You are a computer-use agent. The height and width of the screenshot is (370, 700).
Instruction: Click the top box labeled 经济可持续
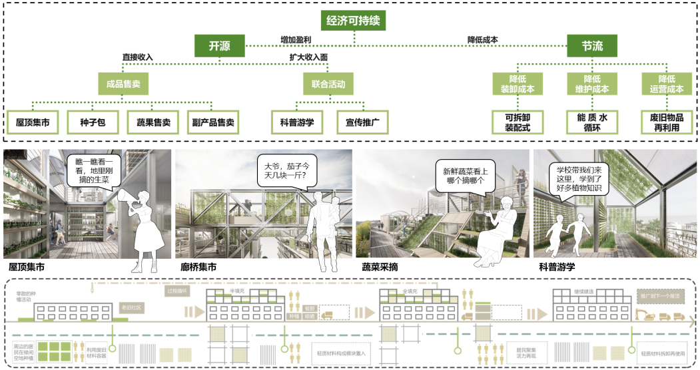pos(353,21)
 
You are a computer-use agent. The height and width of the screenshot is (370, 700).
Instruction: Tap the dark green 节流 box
pos(592,46)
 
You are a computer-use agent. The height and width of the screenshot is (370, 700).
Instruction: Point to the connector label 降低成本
pos(483,39)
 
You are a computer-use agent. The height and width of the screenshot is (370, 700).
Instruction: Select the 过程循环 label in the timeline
pos(178,291)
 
